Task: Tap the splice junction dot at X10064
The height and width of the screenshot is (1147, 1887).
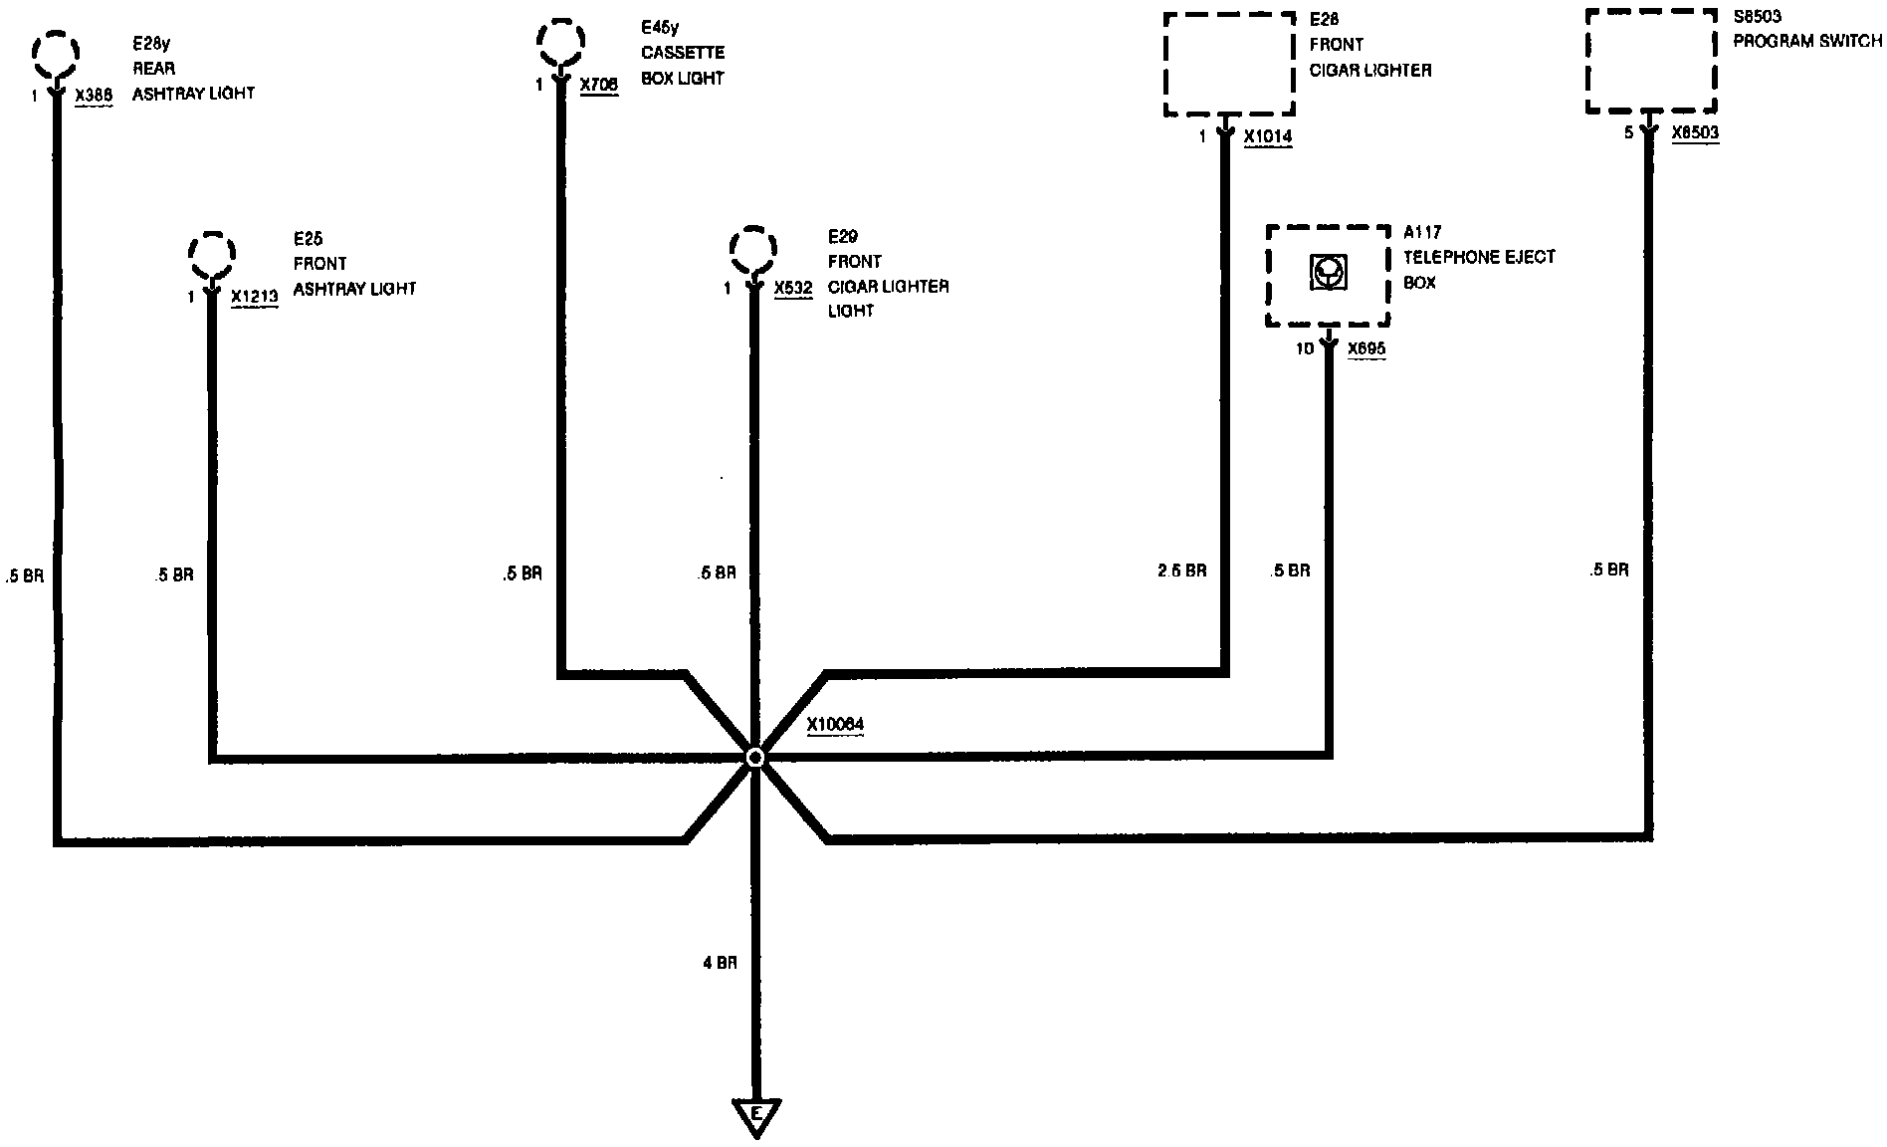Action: coord(755,758)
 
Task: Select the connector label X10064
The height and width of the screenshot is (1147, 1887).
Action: coord(835,725)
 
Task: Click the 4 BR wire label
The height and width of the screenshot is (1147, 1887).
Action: coord(720,963)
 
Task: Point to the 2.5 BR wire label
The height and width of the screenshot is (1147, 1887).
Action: coord(1181,572)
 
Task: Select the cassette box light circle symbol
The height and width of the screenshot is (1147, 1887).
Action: coord(561,41)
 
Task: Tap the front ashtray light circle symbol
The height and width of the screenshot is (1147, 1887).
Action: coord(212,256)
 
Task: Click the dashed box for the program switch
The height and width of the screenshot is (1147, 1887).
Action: coord(1650,62)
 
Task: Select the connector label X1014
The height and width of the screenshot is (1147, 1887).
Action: coord(1268,137)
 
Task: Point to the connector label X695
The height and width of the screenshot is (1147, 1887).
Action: coord(1366,349)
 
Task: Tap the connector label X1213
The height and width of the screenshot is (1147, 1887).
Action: coord(254,297)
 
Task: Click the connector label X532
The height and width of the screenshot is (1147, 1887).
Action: coord(793,289)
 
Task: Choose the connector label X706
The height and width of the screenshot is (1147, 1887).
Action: coord(599,86)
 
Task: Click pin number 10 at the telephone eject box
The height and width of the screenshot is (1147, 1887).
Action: coord(1305,349)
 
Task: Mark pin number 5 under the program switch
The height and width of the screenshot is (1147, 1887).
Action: coord(1629,132)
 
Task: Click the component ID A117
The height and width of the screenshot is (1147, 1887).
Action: coord(1421,233)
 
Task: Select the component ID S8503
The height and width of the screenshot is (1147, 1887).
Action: coord(1757,17)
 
